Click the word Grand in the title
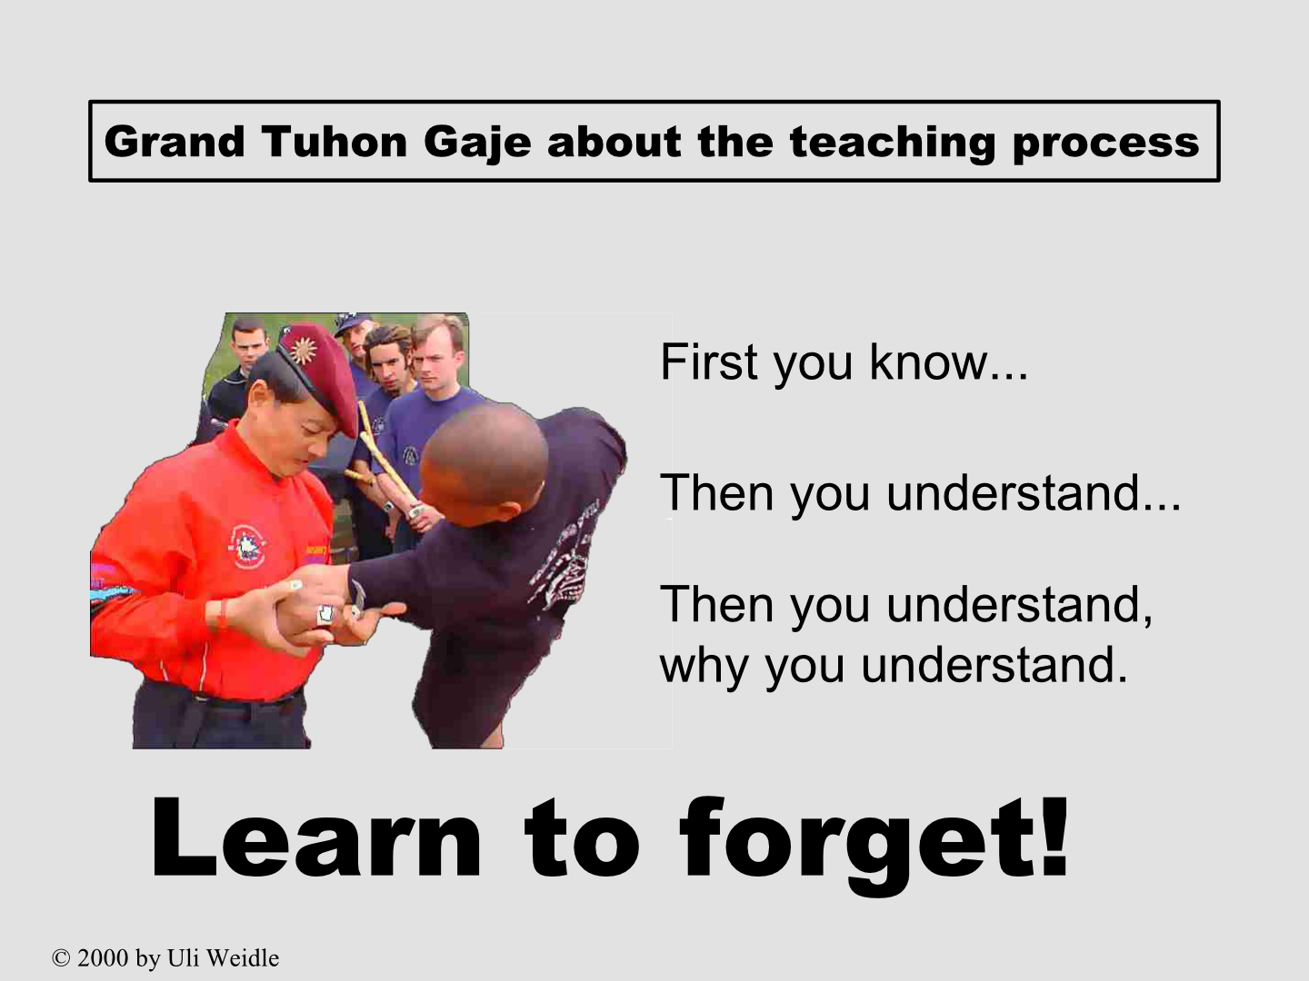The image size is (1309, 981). point(175,142)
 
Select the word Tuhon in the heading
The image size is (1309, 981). point(335,142)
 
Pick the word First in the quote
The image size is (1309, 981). point(709,361)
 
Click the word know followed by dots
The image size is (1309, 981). point(949,361)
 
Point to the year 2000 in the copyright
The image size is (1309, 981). point(103,958)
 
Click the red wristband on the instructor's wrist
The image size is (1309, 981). point(223,613)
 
